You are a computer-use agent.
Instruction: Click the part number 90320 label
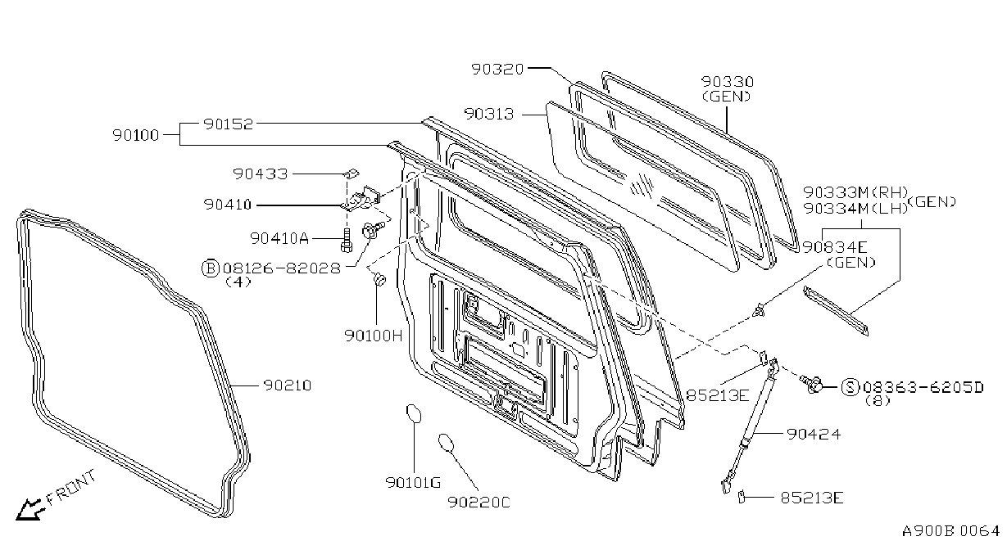pyautogui.click(x=497, y=69)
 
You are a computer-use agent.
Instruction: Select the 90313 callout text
pyautogui.click(x=488, y=114)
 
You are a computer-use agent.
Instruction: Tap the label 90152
pyautogui.click(x=229, y=124)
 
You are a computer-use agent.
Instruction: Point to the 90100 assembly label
pyautogui.click(x=136, y=135)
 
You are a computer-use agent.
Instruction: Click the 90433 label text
pyautogui.click(x=261, y=174)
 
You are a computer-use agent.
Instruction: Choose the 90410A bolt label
pyautogui.click(x=279, y=238)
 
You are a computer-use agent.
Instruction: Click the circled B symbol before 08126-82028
pyautogui.click(x=210, y=268)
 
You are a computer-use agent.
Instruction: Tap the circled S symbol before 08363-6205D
pyautogui.click(x=851, y=386)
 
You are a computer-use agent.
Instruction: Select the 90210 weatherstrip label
pyautogui.click(x=288, y=385)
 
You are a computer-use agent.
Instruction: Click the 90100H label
pyautogui.click(x=374, y=336)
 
